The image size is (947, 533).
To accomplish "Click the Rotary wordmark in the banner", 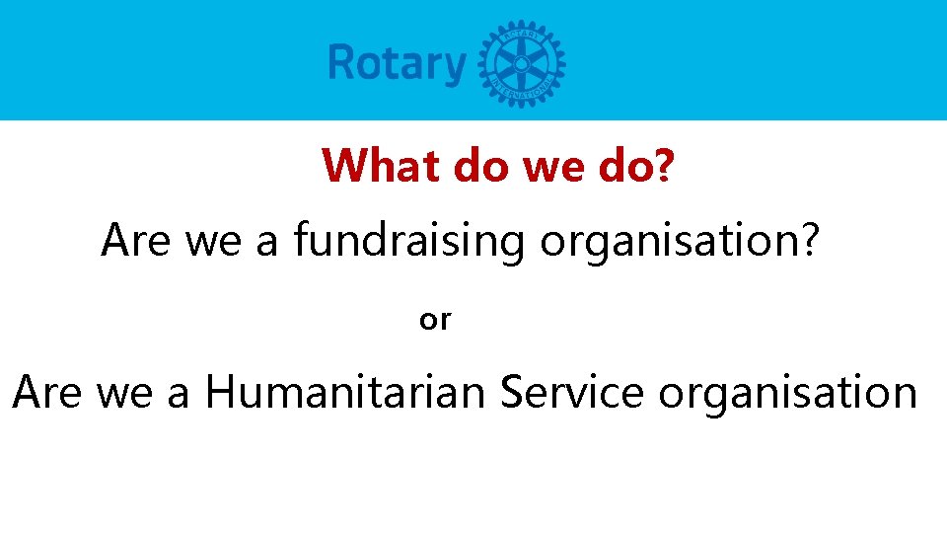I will (397, 63).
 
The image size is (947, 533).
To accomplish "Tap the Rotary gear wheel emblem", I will (521, 63).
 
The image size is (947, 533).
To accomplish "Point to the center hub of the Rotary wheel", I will (521, 63).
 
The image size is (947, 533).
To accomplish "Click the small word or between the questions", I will (435, 320).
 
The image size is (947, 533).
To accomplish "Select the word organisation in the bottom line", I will (788, 393).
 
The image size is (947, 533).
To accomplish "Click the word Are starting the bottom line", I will (47, 393).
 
